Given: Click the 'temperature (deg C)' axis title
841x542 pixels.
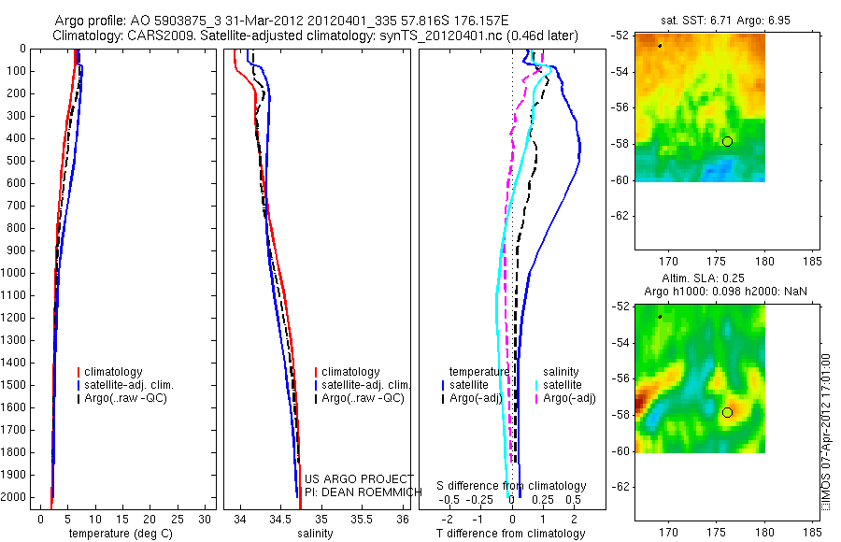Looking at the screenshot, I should pos(124,534).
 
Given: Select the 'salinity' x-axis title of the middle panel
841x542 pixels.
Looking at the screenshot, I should pos(314,534).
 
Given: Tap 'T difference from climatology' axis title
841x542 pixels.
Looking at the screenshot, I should pos(510,534).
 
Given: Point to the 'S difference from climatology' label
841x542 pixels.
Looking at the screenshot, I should pos(511,486).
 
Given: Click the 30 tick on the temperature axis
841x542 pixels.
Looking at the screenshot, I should pos(205,518).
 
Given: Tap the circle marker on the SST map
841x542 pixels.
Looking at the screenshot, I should pos(727,141).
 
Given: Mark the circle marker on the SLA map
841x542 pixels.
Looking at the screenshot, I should pos(727,412).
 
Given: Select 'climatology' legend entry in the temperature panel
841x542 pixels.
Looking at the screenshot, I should pos(113,372).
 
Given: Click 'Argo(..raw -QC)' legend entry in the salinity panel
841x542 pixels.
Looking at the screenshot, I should pos(362,398).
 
